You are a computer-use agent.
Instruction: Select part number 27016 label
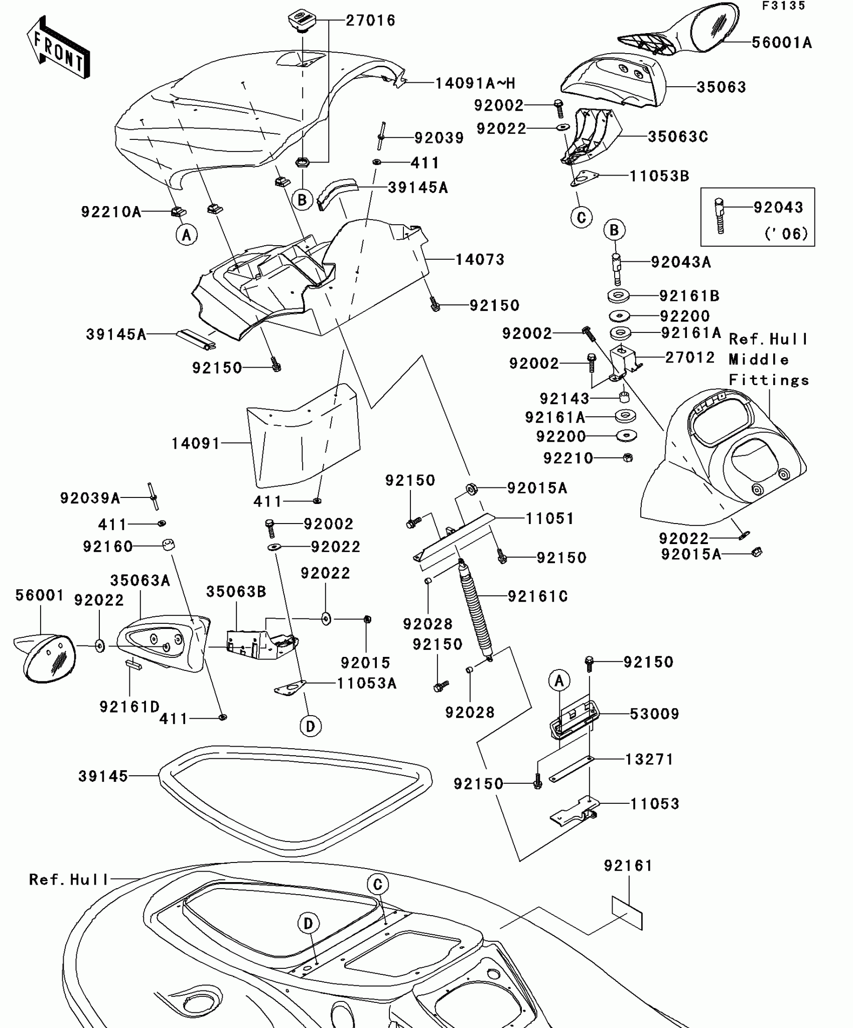click(x=371, y=21)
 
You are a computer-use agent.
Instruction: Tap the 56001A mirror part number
click(x=781, y=43)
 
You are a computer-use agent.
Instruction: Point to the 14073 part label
click(x=480, y=259)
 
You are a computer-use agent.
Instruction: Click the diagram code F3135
click(x=783, y=6)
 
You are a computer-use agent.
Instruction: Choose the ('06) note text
click(x=786, y=234)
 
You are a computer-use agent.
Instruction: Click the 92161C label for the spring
click(x=537, y=596)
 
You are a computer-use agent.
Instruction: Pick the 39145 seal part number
click(x=103, y=776)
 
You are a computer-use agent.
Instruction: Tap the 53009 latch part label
click(x=654, y=714)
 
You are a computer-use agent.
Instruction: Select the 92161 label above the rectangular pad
click(x=628, y=866)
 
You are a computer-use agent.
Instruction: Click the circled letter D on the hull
click(x=308, y=923)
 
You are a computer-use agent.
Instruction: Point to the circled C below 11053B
click(x=581, y=218)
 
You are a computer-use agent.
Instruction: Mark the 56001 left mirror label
click(x=40, y=595)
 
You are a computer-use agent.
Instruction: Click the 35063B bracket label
click(x=236, y=592)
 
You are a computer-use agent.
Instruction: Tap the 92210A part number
click(x=111, y=212)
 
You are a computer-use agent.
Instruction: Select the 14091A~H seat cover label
click(x=475, y=83)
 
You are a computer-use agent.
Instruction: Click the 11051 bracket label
click(x=549, y=518)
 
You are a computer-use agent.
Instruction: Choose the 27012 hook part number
click(x=689, y=358)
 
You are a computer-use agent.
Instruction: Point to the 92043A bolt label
click(x=680, y=262)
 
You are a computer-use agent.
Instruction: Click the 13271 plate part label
click(x=649, y=759)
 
